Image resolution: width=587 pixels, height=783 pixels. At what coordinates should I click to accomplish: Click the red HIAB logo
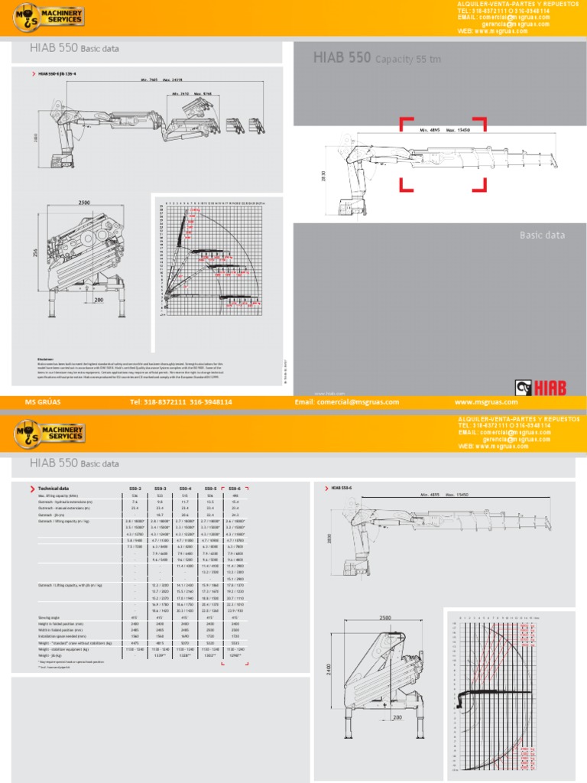click(x=540, y=388)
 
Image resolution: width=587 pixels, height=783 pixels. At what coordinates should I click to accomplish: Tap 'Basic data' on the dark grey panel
click(x=542, y=236)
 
